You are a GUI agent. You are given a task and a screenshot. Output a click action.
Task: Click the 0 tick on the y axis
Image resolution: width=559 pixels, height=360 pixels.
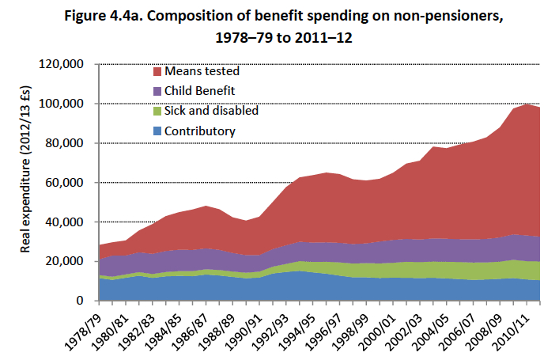click(81, 301)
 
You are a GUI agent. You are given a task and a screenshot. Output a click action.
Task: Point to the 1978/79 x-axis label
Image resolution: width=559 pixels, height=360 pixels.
click(82, 326)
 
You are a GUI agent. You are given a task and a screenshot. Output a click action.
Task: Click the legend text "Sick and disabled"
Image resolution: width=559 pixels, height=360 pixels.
click(212, 111)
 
